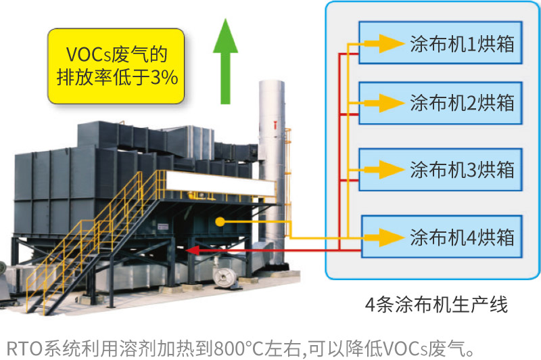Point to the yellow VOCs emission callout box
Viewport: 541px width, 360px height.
[x=117, y=66]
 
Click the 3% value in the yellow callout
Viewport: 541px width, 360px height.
[x=164, y=78]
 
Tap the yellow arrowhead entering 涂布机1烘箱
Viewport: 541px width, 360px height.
[x=390, y=44]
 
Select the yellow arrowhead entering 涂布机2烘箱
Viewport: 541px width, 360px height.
[x=390, y=103]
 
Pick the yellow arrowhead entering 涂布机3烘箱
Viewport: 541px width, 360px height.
[x=390, y=169]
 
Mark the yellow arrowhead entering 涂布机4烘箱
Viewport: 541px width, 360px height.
[x=390, y=237]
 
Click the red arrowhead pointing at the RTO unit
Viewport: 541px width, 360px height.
[x=194, y=251]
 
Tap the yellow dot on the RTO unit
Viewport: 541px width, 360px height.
[x=220, y=221]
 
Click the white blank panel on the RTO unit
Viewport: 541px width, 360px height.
[x=220, y=182]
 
